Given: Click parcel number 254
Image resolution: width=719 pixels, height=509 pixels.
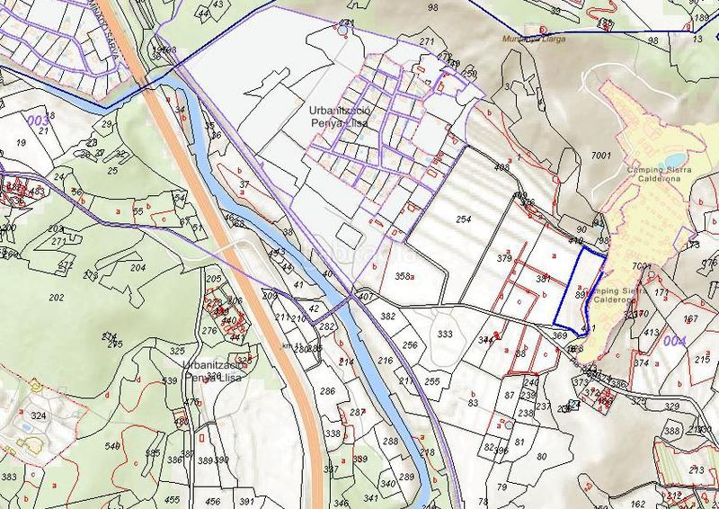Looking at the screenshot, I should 464,219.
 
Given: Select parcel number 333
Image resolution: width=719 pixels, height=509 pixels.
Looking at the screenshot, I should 445,334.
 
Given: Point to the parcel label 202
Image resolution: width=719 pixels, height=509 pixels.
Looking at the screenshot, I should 56,297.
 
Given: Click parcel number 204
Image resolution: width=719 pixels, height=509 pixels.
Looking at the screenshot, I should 138,267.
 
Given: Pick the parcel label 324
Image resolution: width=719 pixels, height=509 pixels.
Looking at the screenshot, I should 38,416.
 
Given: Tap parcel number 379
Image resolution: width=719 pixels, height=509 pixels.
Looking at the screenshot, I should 503,259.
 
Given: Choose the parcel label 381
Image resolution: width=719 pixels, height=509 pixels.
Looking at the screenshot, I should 543,279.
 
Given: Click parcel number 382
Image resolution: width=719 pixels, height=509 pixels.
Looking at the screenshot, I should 387,317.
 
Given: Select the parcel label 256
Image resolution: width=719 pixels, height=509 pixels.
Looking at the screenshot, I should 410,345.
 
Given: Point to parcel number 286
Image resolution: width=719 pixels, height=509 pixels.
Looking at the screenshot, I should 327,391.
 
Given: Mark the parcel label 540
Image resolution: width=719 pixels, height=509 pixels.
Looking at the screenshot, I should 112,446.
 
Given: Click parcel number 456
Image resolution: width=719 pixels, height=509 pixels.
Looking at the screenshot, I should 213,501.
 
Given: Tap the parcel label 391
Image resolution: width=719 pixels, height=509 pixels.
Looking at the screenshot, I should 245,501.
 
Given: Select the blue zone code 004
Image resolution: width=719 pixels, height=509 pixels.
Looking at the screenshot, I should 674,341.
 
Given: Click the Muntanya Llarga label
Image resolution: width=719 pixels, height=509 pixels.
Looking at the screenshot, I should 538,40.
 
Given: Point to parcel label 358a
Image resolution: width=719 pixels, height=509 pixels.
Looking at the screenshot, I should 404,276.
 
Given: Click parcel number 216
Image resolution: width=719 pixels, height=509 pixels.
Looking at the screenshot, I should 386,361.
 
